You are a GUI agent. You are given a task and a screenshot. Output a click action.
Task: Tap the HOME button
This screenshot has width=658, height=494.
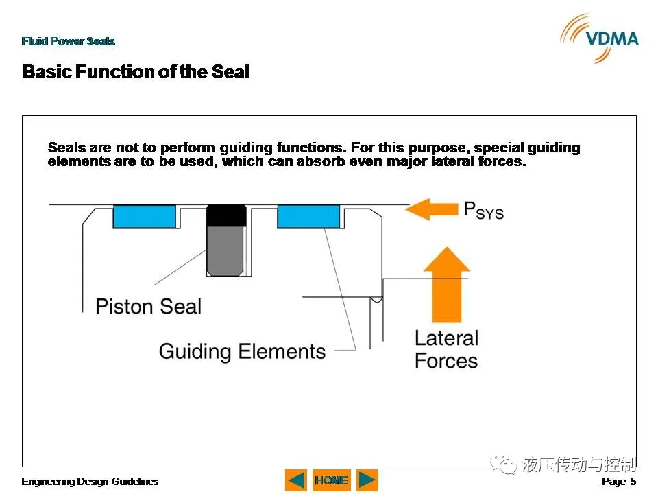click(x=332, y=480)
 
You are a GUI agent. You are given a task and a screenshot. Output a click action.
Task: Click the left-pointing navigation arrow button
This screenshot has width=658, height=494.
click(x=296, y=480)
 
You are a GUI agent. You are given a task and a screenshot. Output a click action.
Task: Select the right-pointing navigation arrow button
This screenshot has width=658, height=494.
click(x=367, y=480)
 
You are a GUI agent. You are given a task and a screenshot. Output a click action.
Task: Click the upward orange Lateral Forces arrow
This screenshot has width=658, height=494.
click(x=447, y=285)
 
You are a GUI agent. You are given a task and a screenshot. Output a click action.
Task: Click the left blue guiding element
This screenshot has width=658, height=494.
click(x=145, y=217)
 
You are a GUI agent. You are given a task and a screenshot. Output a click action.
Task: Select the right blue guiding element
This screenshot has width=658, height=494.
click(x=308, y=217)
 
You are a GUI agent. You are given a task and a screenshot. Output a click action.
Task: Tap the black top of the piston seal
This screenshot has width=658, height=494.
click(x=226, y=215)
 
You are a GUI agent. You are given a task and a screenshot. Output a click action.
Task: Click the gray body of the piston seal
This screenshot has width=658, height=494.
click(x=226, y=251)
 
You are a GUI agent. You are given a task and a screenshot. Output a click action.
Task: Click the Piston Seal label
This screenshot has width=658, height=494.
click(x=148, y=306)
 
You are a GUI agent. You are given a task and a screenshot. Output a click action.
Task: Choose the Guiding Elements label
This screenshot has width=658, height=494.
click(x=242, y=351)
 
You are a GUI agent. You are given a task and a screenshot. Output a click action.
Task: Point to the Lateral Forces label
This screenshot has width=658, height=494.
click(x=446, y=349)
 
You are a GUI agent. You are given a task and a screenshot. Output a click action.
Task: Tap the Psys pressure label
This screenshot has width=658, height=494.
click(x=483, y=211)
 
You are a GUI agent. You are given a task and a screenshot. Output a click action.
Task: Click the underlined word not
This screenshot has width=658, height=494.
click(x=127, y=148)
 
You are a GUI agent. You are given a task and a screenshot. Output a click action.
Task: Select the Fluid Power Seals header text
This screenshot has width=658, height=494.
click(x=68, y=41)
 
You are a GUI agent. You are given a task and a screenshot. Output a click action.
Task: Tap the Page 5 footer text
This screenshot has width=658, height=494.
click(x=619, y=482)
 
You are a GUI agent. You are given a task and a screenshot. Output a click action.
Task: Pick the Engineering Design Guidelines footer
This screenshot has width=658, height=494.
click(x=90, y=482)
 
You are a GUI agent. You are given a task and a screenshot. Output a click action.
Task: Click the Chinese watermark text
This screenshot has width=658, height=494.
click(x=579, y=464)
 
